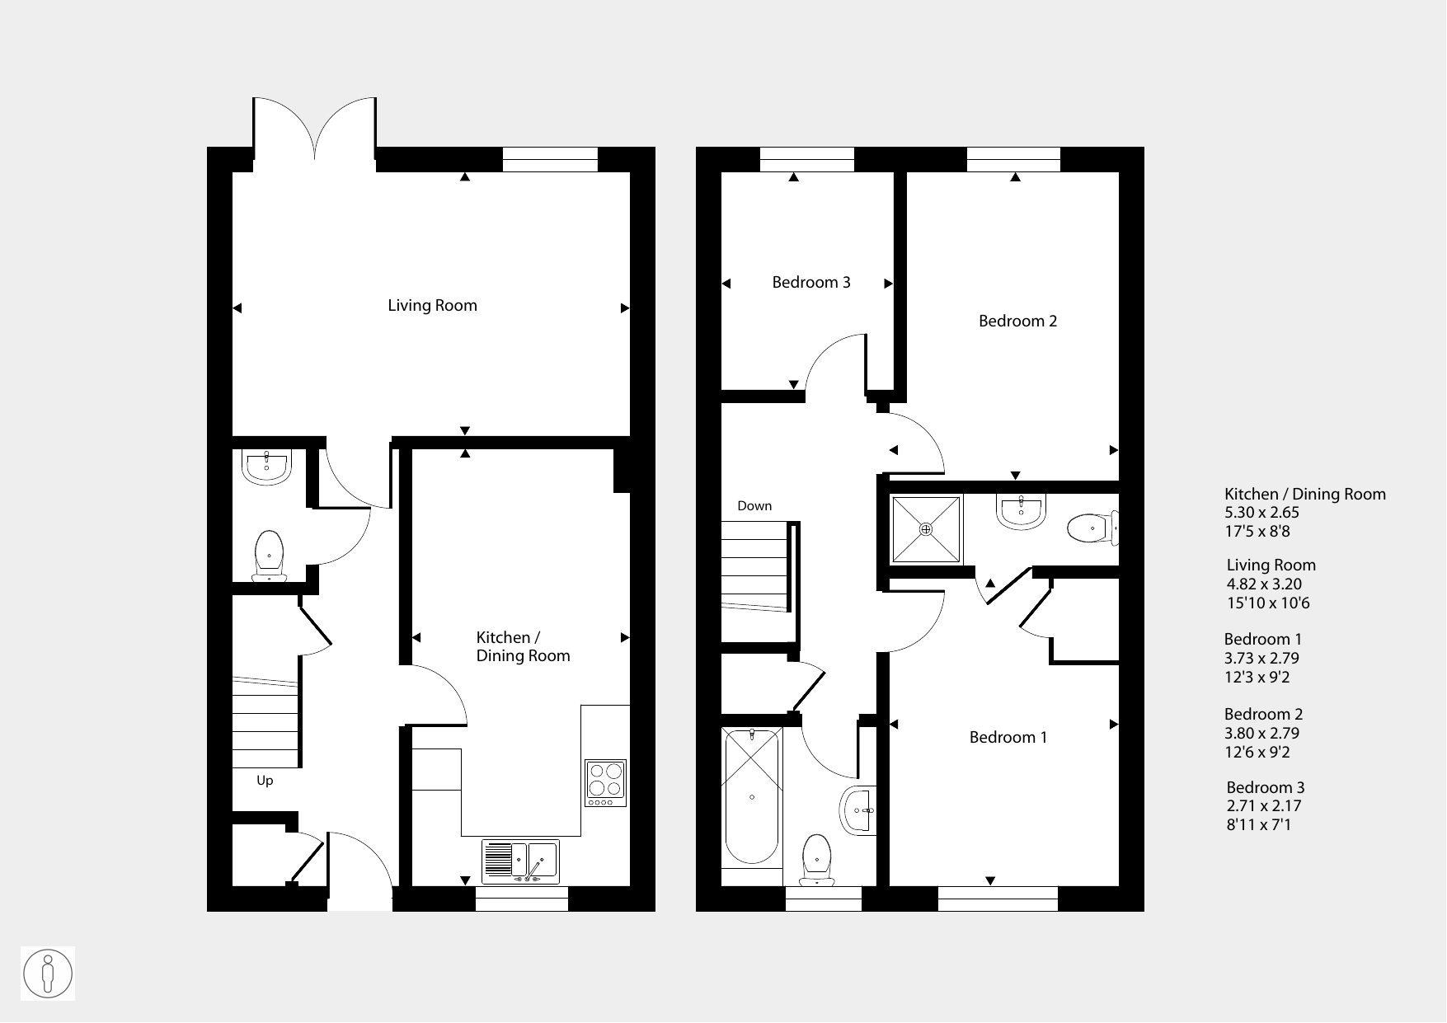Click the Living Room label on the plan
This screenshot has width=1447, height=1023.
tap(432, 306)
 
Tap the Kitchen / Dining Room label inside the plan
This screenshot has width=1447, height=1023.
tap(523, 646)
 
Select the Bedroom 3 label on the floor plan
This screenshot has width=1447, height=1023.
tap(811, 283)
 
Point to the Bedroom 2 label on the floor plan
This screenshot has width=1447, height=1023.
tap(1017, 321)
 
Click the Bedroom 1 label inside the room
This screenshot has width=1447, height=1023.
tap(1008, 738)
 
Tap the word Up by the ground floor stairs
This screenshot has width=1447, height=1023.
tap(265, 781)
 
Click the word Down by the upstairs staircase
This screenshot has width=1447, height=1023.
tap(754, 506)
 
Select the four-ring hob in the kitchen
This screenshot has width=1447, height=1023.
tap(606, 783)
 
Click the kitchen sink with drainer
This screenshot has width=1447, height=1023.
tap(520, 861)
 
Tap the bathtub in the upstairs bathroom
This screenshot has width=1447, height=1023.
tap(752, 797)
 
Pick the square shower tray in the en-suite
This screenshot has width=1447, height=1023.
tap(926, 529)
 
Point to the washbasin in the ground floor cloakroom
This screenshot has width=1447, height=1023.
tap(266, 467)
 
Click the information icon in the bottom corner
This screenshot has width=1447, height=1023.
tap(48, 974)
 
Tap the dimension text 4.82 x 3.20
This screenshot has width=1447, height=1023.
tap(1265, 584)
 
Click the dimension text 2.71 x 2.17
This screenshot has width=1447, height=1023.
tap(1264, 806)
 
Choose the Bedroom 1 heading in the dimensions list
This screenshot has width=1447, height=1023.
tap(1263, 640)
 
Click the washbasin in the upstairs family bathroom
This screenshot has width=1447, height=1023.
tap(857, 810)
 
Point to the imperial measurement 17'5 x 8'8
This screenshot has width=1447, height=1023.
tap(1257, 532)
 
